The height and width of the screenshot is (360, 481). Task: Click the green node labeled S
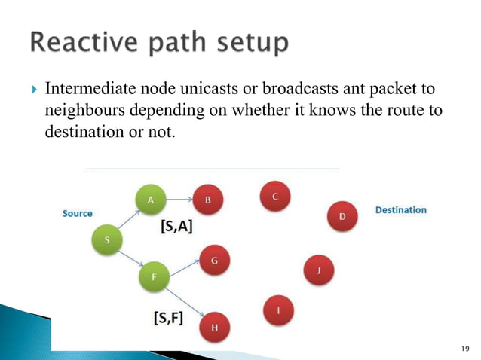[x=106, y=239]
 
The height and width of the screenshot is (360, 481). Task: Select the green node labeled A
[x=150, y=200]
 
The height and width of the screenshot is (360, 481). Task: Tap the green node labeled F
[x=154, y=277]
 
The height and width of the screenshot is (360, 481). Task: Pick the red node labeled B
[x=208, y=200]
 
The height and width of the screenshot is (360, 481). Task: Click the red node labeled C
[x=274, y=197]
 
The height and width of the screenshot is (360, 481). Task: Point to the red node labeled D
[x=342, y=217]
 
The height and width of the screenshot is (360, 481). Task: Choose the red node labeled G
[x=214, y=261]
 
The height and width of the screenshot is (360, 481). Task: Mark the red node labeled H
[x=215, y=327]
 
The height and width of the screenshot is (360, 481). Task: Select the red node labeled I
[x=280, y=310]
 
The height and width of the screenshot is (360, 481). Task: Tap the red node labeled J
[x=319, y=269]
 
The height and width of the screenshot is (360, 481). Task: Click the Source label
[x=77, y=213]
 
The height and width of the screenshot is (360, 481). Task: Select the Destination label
[x=400, y=210]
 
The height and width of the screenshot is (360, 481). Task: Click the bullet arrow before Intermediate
[x=33, y=92]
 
